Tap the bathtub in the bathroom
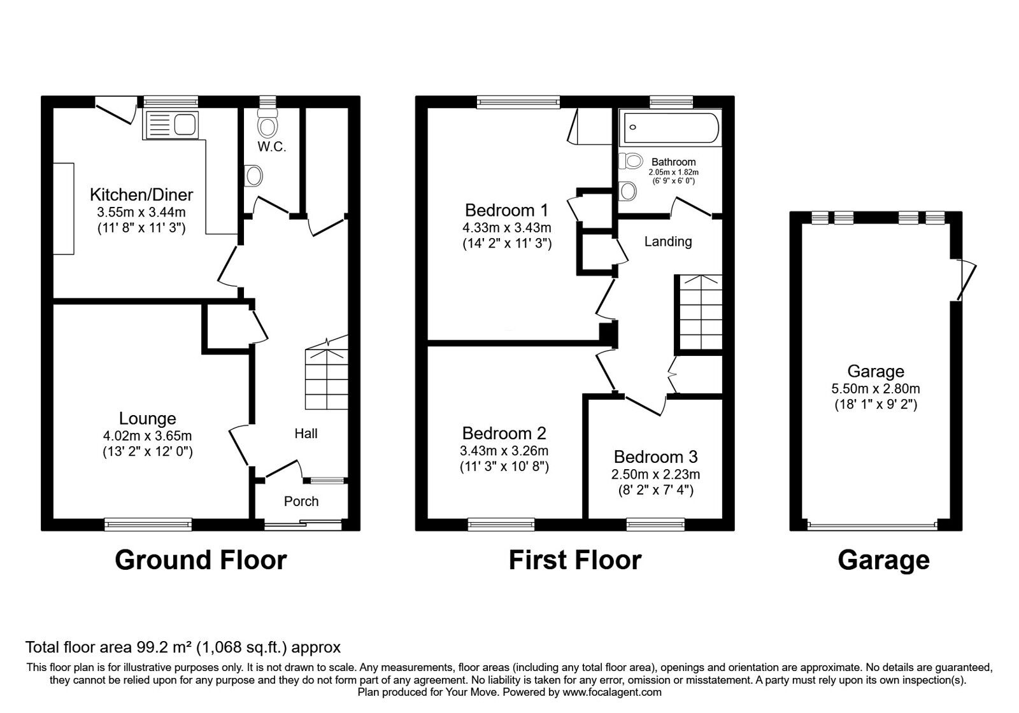point(670,128)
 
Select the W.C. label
point(272,147)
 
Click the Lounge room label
point(147,418)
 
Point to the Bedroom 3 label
point(655,456)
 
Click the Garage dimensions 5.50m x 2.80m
point(876,388)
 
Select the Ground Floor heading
point(201,560)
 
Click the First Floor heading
point(574,560)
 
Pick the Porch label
point(301,502)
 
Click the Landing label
point(667,241)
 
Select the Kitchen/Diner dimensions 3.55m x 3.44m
point(141,212)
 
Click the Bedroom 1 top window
point(518,102)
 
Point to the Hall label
point(306,434)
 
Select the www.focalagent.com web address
point(611,692)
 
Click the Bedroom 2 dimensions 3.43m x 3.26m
point(504,451)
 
